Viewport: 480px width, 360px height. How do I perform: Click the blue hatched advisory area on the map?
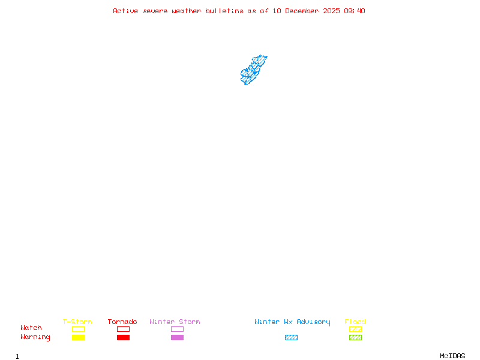[x=253, y=71]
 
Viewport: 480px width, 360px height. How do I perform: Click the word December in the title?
[x=307, y=11]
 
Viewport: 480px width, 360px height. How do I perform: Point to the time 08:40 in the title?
[x=354, y=11]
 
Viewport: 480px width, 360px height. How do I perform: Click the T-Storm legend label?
[x=77, y=322]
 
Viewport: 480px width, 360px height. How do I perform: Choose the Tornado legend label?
[x=122, y=322]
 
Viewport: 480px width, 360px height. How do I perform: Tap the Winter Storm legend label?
[x=175, y=322]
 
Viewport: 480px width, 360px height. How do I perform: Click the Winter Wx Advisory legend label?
[x=292, y=322]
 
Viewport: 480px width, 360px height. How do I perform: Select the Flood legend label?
[x=355, y=322]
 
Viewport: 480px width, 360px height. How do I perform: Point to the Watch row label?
[x=31, y=328]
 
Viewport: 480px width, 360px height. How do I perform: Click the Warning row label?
[x=35, y=337]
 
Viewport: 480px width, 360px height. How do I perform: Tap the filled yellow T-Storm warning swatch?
[x=78, y=337]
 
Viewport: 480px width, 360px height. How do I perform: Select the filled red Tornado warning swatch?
[x=123, y=337]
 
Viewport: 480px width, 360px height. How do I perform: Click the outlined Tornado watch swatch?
[x=123, y=329]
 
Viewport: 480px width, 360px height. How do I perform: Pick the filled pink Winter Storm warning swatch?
[x=177, y=337]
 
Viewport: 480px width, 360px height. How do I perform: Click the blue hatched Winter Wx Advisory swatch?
[x=291, y=337]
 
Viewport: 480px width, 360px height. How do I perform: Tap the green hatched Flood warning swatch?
[x=355, y=337]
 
